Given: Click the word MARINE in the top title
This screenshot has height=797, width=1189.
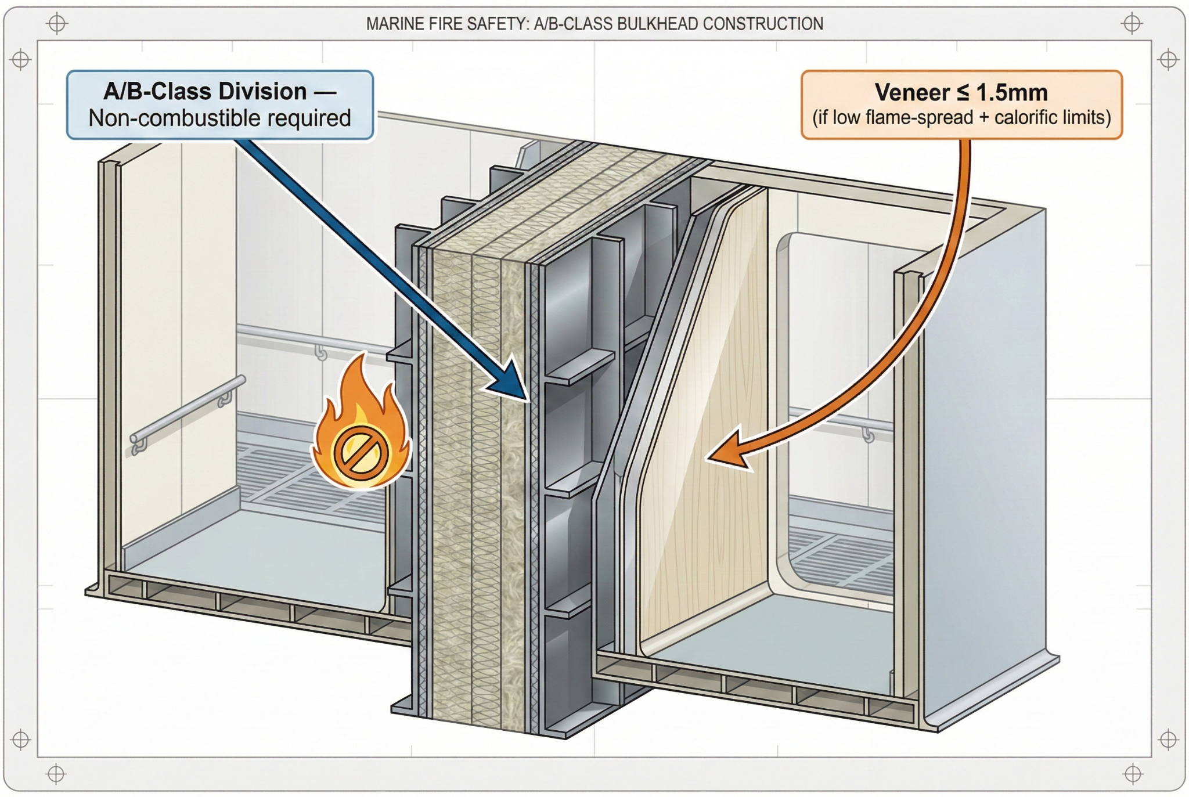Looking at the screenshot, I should (x=387, y=24).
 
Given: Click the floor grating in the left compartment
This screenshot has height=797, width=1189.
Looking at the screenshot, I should (x=302, y=476).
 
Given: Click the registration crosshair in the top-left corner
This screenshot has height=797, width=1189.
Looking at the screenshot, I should (x=57, y=24).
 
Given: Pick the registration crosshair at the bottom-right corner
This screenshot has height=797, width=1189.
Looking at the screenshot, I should (x=1132, y=774).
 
